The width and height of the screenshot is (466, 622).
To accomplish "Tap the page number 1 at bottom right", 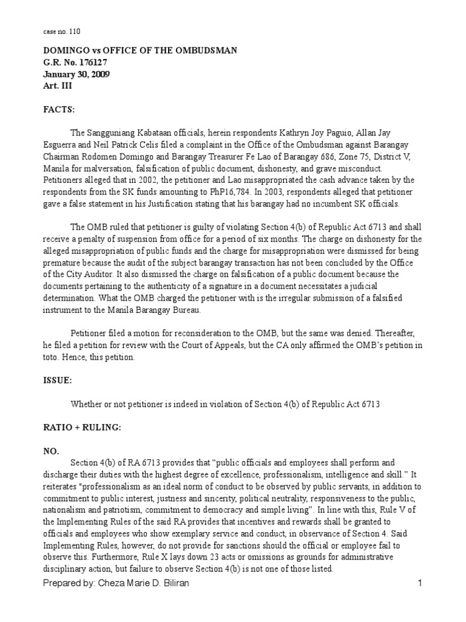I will pos(419,583).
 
